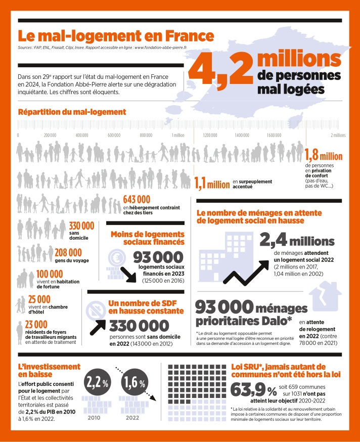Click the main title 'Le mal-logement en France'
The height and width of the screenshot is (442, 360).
tap(115, 36)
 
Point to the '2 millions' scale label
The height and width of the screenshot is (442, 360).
tap(338, 136)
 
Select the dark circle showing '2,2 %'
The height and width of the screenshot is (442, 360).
tap(98, 382)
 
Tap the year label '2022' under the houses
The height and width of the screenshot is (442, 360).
tap(133, 418)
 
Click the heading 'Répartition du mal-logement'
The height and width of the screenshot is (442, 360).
tap(72, 112)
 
